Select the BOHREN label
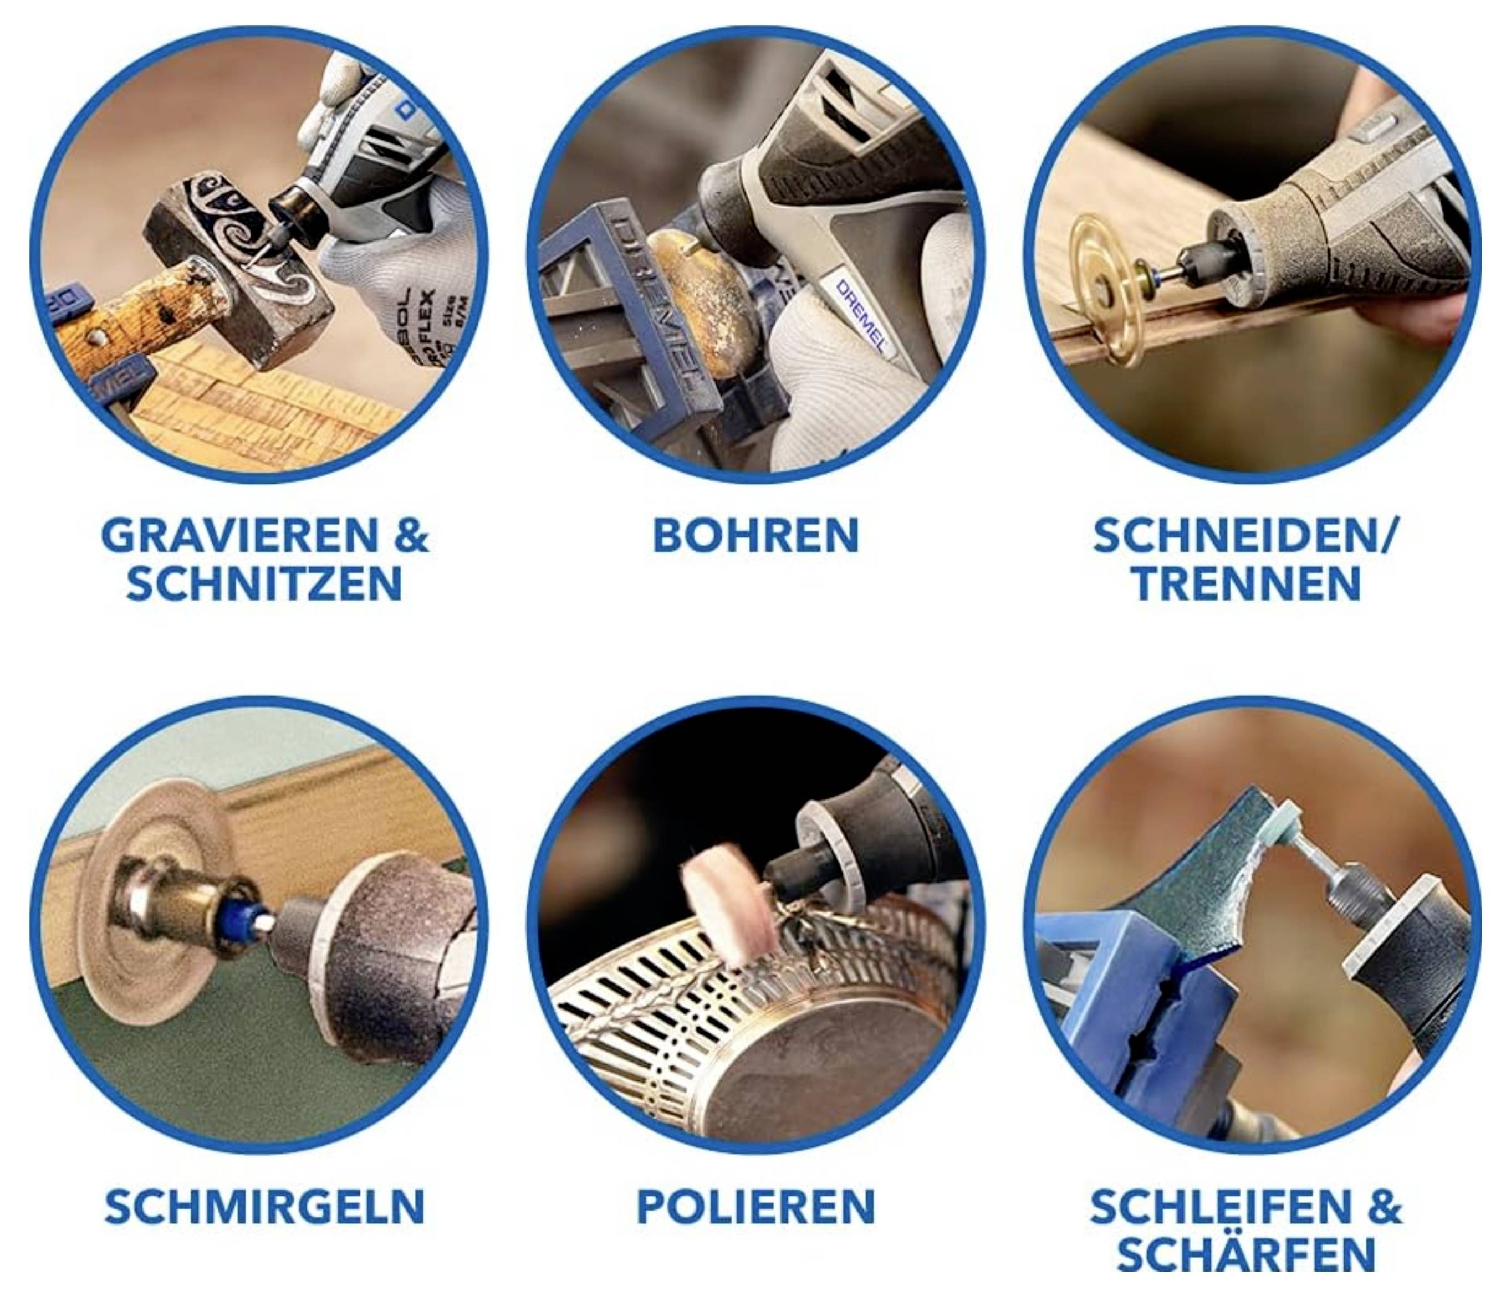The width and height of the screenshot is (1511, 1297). tap(755, 536)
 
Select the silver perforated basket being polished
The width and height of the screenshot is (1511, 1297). tap(729, 1021)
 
